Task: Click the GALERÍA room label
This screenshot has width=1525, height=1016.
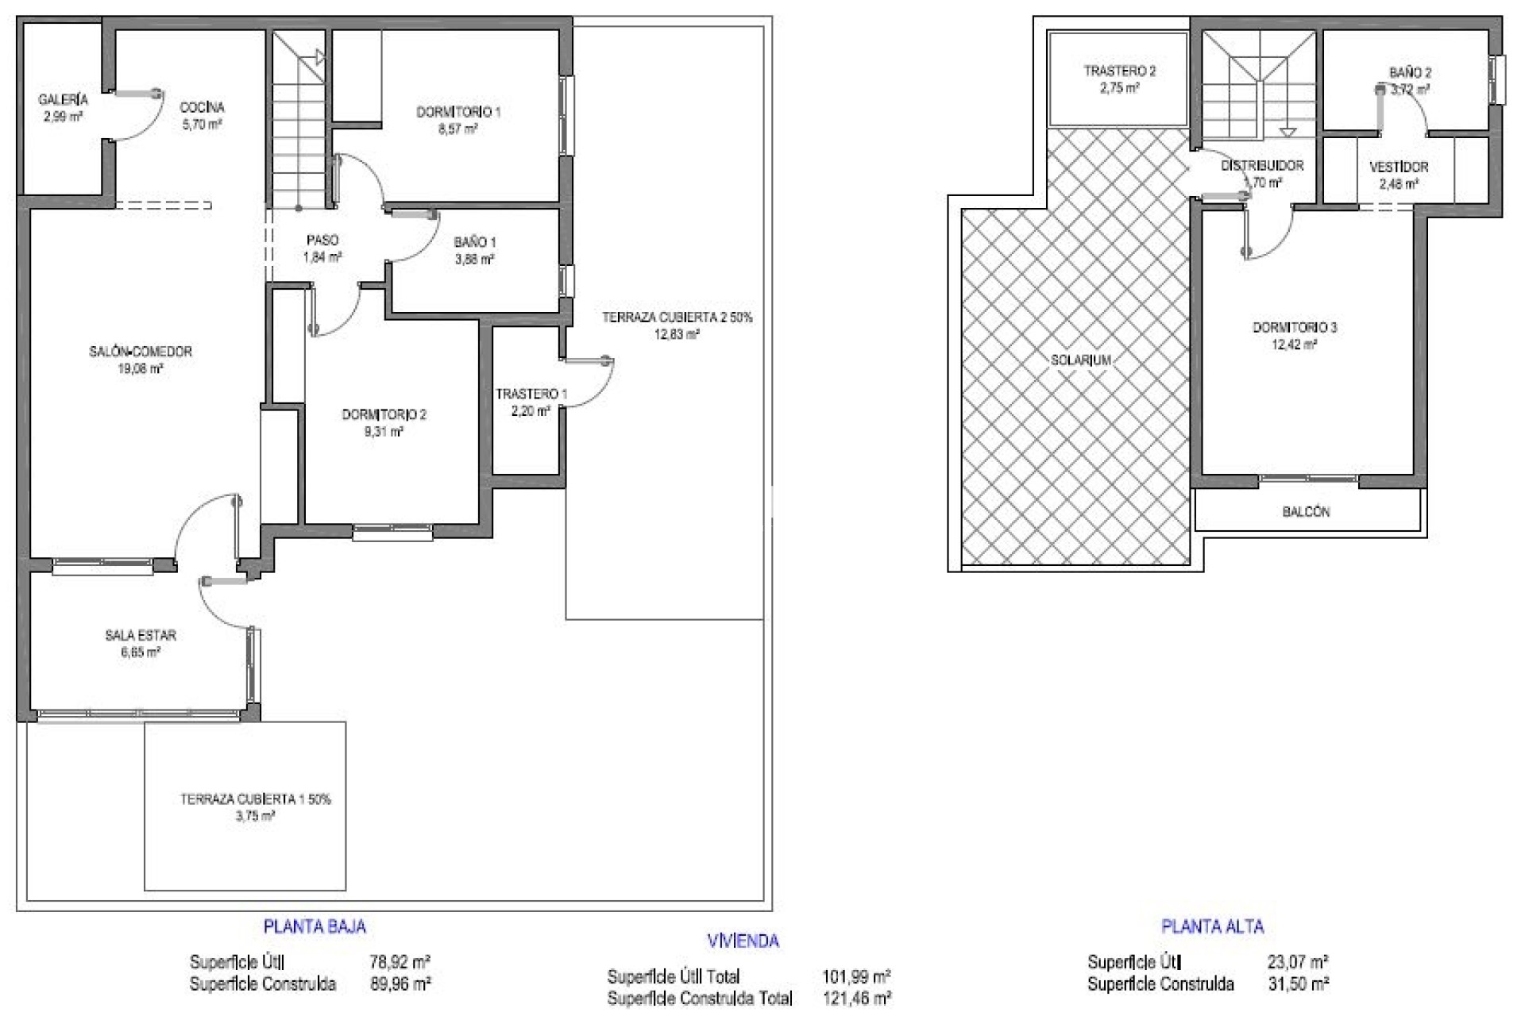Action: [x=63, y=101]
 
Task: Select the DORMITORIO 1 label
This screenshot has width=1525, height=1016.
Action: [x=458, y=113]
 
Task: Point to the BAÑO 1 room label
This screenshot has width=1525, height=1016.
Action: [x=475, y=242]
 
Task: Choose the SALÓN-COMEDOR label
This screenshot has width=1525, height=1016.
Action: [x=141, y=352]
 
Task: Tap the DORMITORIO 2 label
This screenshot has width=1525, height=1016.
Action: [x=384, y=414]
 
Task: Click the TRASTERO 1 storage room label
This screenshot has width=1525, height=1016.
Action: [x=531, y=394]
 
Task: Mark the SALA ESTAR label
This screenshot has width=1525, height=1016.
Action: [x=141, y=635]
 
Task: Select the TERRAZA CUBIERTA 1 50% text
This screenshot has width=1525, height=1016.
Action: [x=256, y=799]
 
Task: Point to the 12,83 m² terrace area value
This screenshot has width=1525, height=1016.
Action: [x=676, y=335]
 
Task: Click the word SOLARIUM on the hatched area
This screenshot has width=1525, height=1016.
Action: [x=1080, y=360]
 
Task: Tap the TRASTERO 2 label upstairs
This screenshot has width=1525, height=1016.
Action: [x=1120, y=71]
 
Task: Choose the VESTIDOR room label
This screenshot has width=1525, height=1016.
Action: [x=1399, y=167]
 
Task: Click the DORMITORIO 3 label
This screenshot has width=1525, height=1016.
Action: [x=1295, y=327]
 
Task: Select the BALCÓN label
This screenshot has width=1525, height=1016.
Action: [x=1306, y=512]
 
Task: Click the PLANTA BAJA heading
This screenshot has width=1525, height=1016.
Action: [x=315, y=926]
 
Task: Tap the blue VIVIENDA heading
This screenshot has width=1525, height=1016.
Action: [x=743, y=941]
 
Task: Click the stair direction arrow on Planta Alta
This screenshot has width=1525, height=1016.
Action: [x=1288, y=132]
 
